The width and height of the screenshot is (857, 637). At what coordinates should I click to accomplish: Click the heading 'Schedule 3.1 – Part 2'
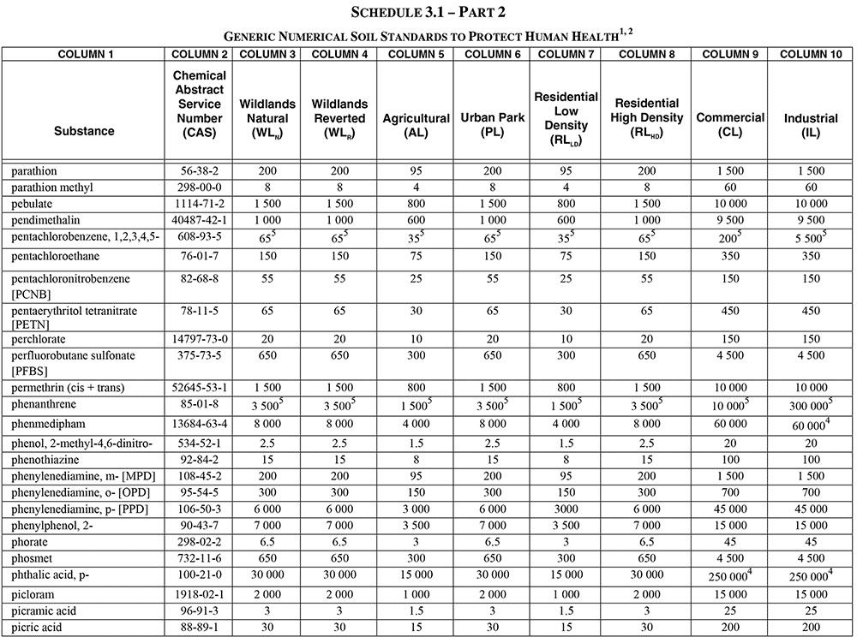click(x=428, y=13)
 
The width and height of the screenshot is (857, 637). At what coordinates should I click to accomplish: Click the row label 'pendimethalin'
click(x=45, y=219)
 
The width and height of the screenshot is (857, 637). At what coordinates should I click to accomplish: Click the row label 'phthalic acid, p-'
click(x=51, y=575)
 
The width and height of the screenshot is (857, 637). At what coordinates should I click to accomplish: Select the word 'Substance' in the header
click(x=84, y=131)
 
